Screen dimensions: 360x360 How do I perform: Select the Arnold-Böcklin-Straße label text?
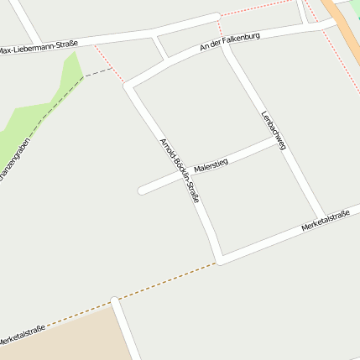(179, 170)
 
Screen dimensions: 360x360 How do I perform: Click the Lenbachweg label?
(274, 130)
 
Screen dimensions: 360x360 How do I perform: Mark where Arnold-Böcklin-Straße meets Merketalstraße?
(219, 259)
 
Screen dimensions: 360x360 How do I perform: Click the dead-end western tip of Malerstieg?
(142, 190)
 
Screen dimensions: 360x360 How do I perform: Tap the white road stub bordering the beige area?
(123, 327)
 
